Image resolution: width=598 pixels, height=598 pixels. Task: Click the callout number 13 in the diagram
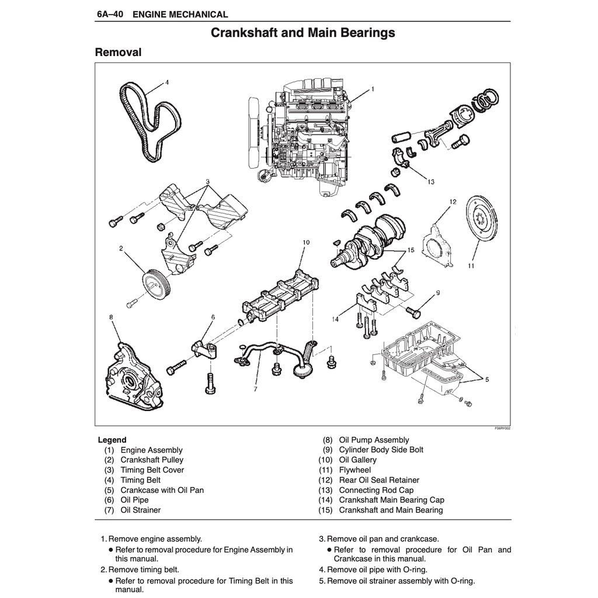[430, 182]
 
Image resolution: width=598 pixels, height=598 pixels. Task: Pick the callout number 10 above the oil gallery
[305, 242]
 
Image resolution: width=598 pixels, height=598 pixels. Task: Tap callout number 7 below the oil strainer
[256, 388]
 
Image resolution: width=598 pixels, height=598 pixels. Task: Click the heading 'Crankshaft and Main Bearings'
[303, 33]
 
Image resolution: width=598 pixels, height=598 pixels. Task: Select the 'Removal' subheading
[118, 53]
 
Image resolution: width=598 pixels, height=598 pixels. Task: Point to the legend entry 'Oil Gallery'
[357, 460]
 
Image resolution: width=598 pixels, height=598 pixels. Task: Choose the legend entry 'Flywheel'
[354, 470]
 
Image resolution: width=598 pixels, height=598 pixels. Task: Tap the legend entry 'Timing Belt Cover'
[152, 470]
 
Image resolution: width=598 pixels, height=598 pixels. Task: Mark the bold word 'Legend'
[112, 440]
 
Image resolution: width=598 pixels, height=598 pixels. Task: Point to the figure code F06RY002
[502, 428]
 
